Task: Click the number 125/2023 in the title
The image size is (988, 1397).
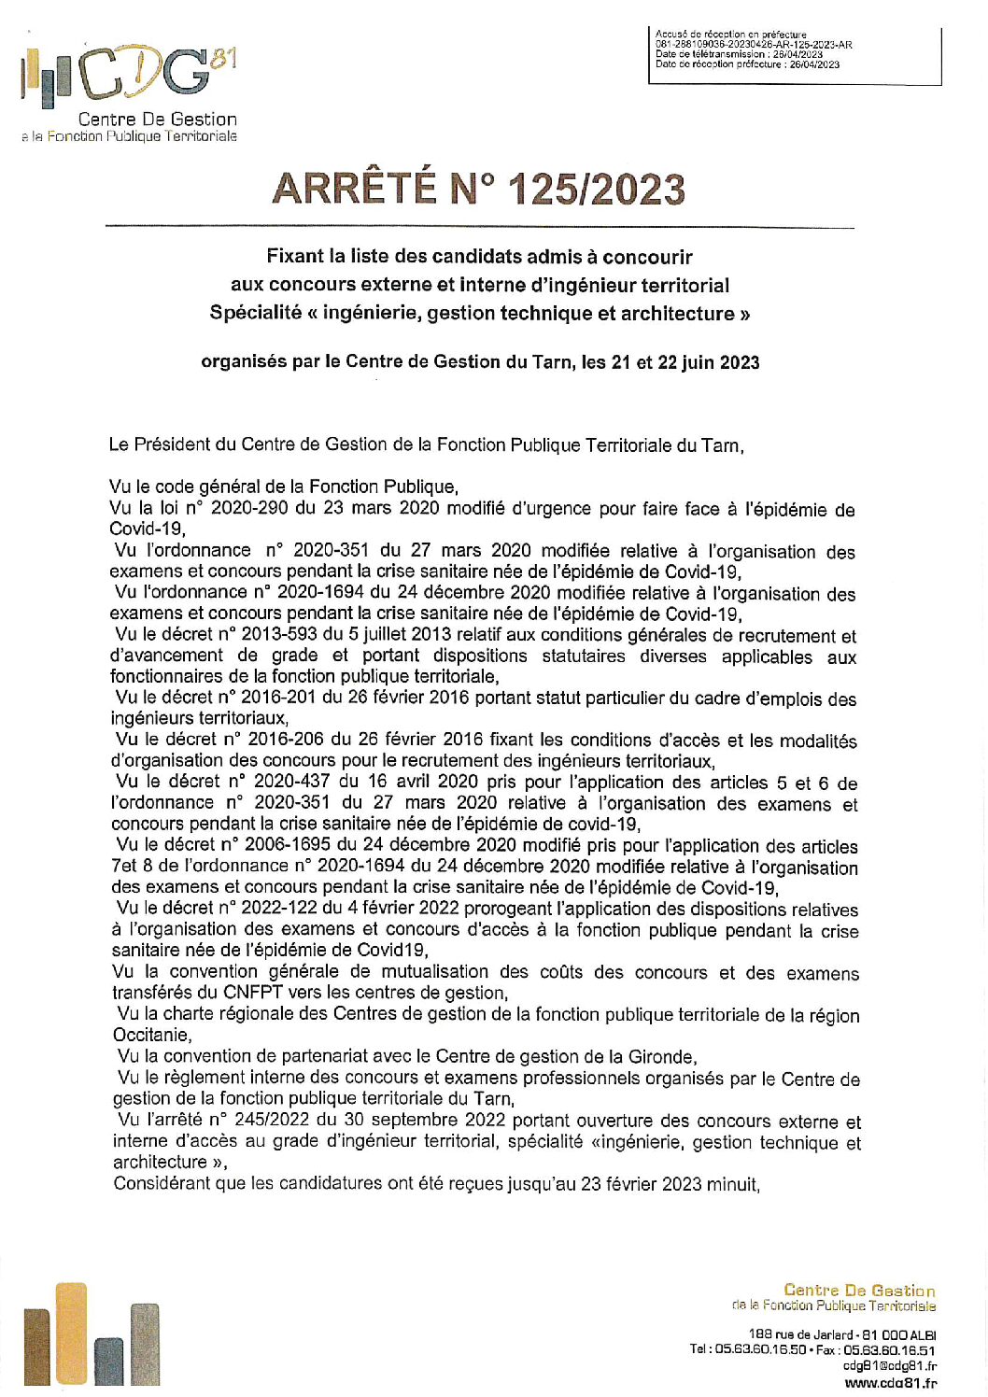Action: (x=597, y=190)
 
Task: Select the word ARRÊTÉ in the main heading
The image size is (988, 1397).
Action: (x=354, y=190)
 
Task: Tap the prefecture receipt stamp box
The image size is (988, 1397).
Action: (x=794, y=55)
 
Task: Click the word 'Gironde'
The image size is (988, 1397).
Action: (x=663, y=1057)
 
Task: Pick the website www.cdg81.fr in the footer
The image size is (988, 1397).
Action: (x=890, y=1383)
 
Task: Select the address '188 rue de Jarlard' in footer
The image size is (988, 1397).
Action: (x=802, y=1335)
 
